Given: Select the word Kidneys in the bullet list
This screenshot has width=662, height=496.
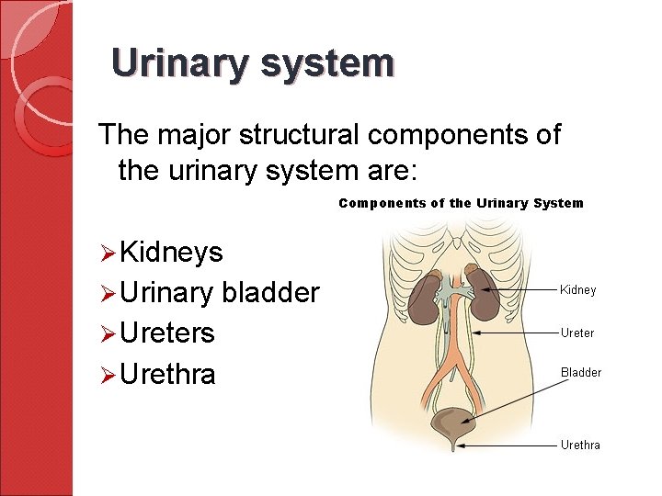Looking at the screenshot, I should (x=171, y=253).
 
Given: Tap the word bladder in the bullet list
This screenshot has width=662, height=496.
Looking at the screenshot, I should (x=270, y=293).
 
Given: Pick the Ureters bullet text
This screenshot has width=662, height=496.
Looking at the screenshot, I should (x=166, y=333).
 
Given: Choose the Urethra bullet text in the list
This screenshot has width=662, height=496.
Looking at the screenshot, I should (x=167, y=374).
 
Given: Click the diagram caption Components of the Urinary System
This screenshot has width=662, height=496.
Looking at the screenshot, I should (x=461, y=203).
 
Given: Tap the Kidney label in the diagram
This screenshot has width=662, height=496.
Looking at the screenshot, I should (x=578, y=290).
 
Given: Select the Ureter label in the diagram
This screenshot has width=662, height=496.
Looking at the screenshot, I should (x=577, y=333).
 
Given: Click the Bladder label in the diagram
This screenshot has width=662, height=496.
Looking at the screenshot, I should (x=581, y=373).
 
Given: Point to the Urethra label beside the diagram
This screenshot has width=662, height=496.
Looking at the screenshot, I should (x=580, y=445).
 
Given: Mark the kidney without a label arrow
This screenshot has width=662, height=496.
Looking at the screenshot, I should (x=423, y=298).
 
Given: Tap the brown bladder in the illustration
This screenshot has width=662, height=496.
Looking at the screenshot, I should (x=451, y=424).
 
